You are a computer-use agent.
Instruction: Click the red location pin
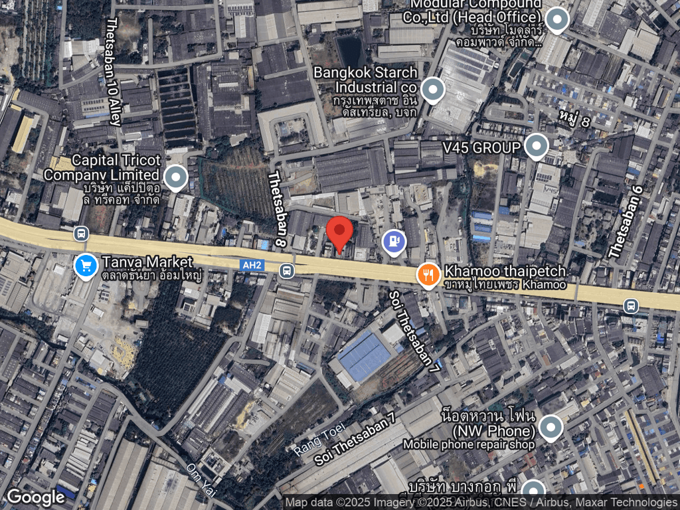pos(340,232)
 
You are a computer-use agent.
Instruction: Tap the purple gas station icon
pos(394,241)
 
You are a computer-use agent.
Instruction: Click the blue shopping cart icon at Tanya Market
pos(85,266)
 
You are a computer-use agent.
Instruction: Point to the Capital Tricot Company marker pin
pos(175,177)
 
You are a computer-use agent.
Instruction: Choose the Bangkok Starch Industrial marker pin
pos(433,89)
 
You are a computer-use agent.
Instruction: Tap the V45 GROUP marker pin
pos(536,145)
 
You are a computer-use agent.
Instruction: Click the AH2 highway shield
pos(250,264)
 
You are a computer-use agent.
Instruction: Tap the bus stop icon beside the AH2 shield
pos(286,270)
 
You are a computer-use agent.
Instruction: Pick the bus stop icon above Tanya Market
pos(81,234)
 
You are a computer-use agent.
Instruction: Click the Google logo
pos(36,497)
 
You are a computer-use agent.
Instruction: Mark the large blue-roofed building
pos(364,357)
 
